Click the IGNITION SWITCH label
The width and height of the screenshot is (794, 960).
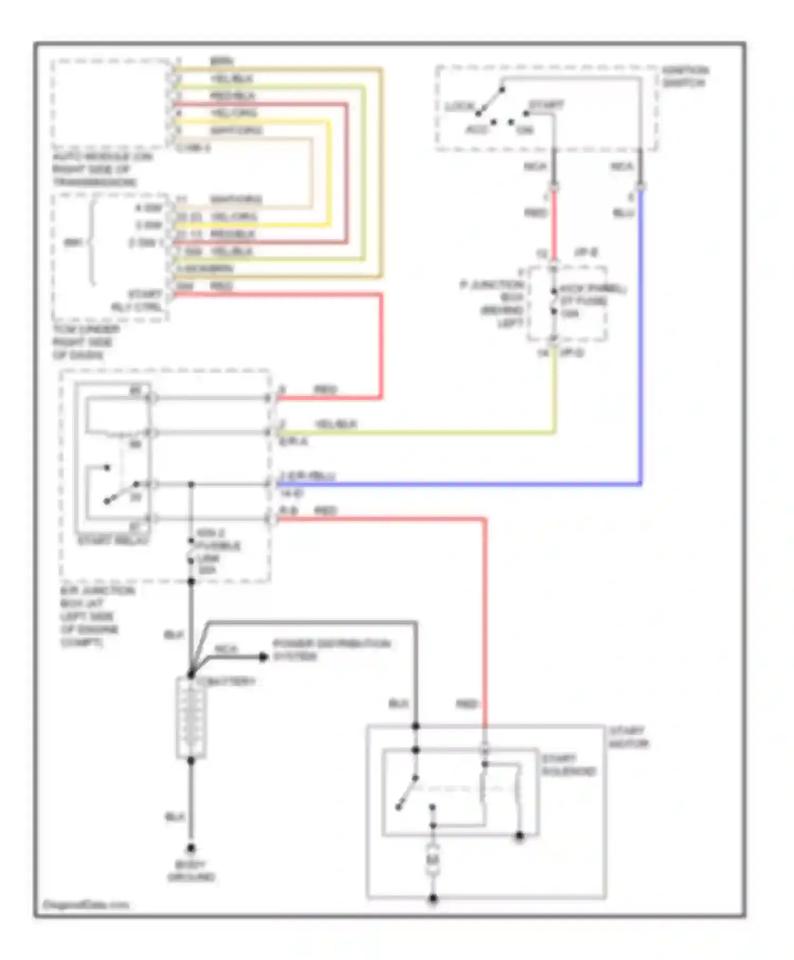tap(685, 76)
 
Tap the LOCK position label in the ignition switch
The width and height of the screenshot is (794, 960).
tap(459, 106)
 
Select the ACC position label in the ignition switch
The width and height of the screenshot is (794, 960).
tap(476, 130)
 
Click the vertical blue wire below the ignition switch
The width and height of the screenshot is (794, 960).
tap(640, 339)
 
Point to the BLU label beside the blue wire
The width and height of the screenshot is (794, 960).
tap(623, 213)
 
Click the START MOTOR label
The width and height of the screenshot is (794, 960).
tap(628, 737)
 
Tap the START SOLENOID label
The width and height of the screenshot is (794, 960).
tap(568, 765)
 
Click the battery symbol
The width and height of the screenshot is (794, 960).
tap(191, 718)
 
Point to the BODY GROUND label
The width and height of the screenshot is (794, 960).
tap(191, 871)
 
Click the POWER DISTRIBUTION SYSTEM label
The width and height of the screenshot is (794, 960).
tap(331, 650)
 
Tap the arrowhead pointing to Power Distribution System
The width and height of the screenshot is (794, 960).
tap(263, 657)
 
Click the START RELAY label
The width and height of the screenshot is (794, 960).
tap(113, 540)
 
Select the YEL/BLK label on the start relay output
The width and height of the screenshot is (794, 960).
tap(336, 424)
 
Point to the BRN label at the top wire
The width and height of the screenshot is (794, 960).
tap(221, 61)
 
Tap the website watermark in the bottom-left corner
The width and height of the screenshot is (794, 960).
tap(85, 905)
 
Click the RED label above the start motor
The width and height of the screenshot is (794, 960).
tap(466, 704)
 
